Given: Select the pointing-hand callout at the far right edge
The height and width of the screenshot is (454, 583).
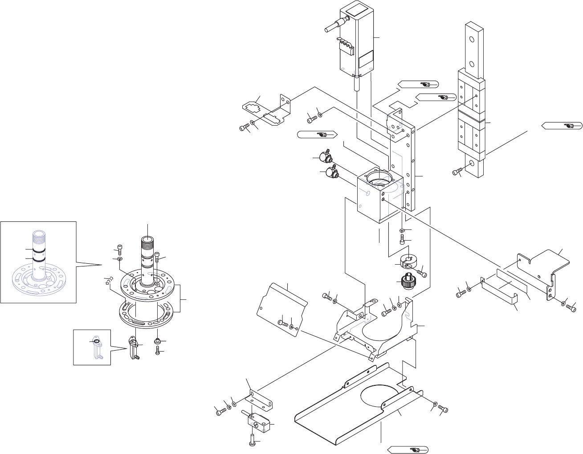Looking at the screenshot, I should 562,125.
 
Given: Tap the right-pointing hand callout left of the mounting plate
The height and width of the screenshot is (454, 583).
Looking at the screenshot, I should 317,134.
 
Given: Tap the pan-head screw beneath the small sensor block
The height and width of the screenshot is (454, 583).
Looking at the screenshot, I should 253,442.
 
